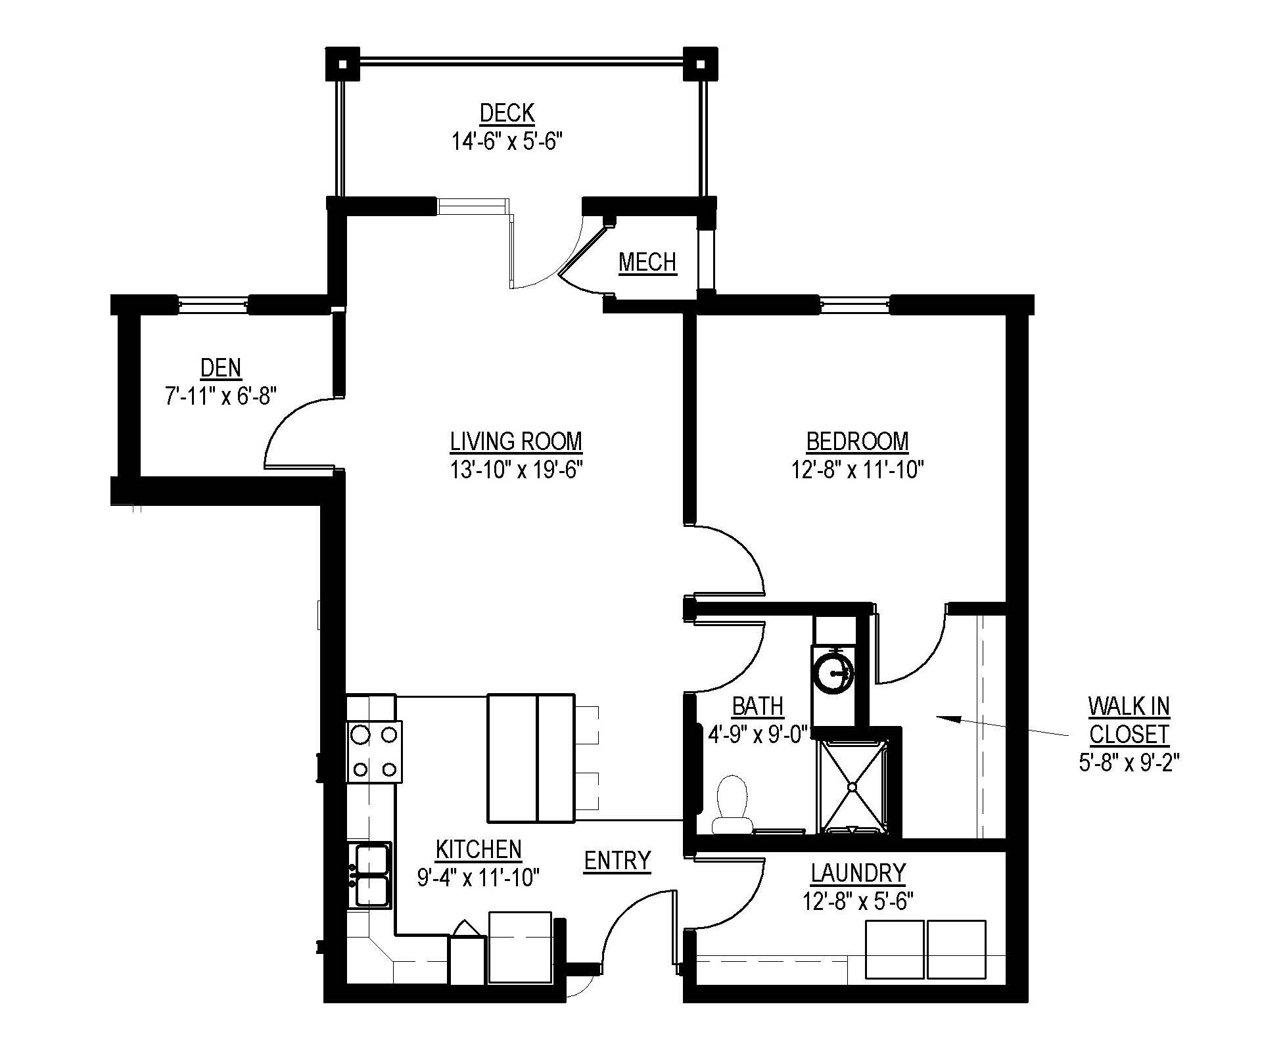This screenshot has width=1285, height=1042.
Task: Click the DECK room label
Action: click(507, 113)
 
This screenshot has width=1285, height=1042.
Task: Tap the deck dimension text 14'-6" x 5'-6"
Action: click(507, 141)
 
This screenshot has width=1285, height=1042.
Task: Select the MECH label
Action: click(647, 262)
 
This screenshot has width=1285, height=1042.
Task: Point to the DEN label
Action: click(221, 367)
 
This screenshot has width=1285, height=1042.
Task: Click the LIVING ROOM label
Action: click(516, 441)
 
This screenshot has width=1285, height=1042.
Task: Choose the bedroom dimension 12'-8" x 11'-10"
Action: click(858, 470)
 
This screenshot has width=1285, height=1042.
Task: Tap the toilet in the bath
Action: click(731, 805)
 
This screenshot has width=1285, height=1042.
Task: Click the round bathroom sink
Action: click(833, 671)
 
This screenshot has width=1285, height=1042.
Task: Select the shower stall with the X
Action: click(852, 786)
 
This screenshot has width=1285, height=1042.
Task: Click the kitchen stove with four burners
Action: click(374, 751)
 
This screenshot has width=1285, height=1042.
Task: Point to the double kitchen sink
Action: click(371, 875)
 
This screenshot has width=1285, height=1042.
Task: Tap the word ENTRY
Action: click(617, 860)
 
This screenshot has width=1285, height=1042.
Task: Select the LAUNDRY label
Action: click(858, 872)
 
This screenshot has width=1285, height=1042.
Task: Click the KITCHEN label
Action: click(479, 849)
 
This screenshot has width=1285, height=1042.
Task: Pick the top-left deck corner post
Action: click(343, 64)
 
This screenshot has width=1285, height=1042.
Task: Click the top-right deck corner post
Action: click(701, 64)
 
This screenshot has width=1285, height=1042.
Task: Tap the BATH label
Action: click(758, 706)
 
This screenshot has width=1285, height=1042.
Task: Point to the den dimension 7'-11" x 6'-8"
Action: click(218, 396)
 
